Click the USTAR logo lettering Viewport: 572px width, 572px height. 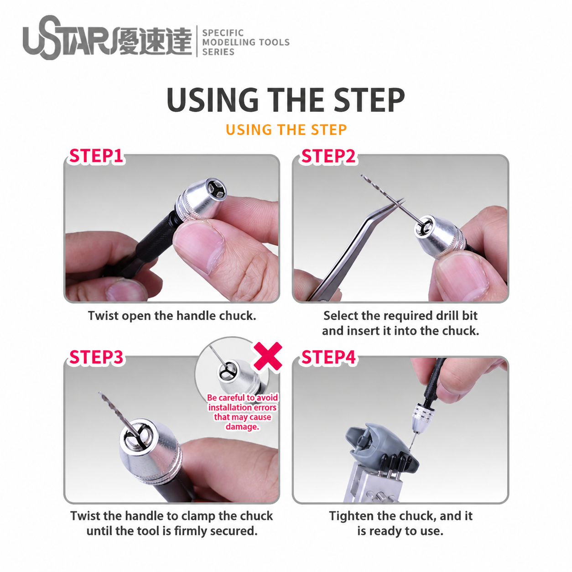70,38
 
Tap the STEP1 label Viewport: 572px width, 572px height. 96,156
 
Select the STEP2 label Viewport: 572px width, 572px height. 328,156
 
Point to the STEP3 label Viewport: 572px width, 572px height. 96,357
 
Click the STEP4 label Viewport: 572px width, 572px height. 328,357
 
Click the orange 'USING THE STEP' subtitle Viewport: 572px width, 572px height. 286,130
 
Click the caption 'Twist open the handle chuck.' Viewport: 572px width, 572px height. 172,316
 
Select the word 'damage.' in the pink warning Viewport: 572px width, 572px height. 242,427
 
